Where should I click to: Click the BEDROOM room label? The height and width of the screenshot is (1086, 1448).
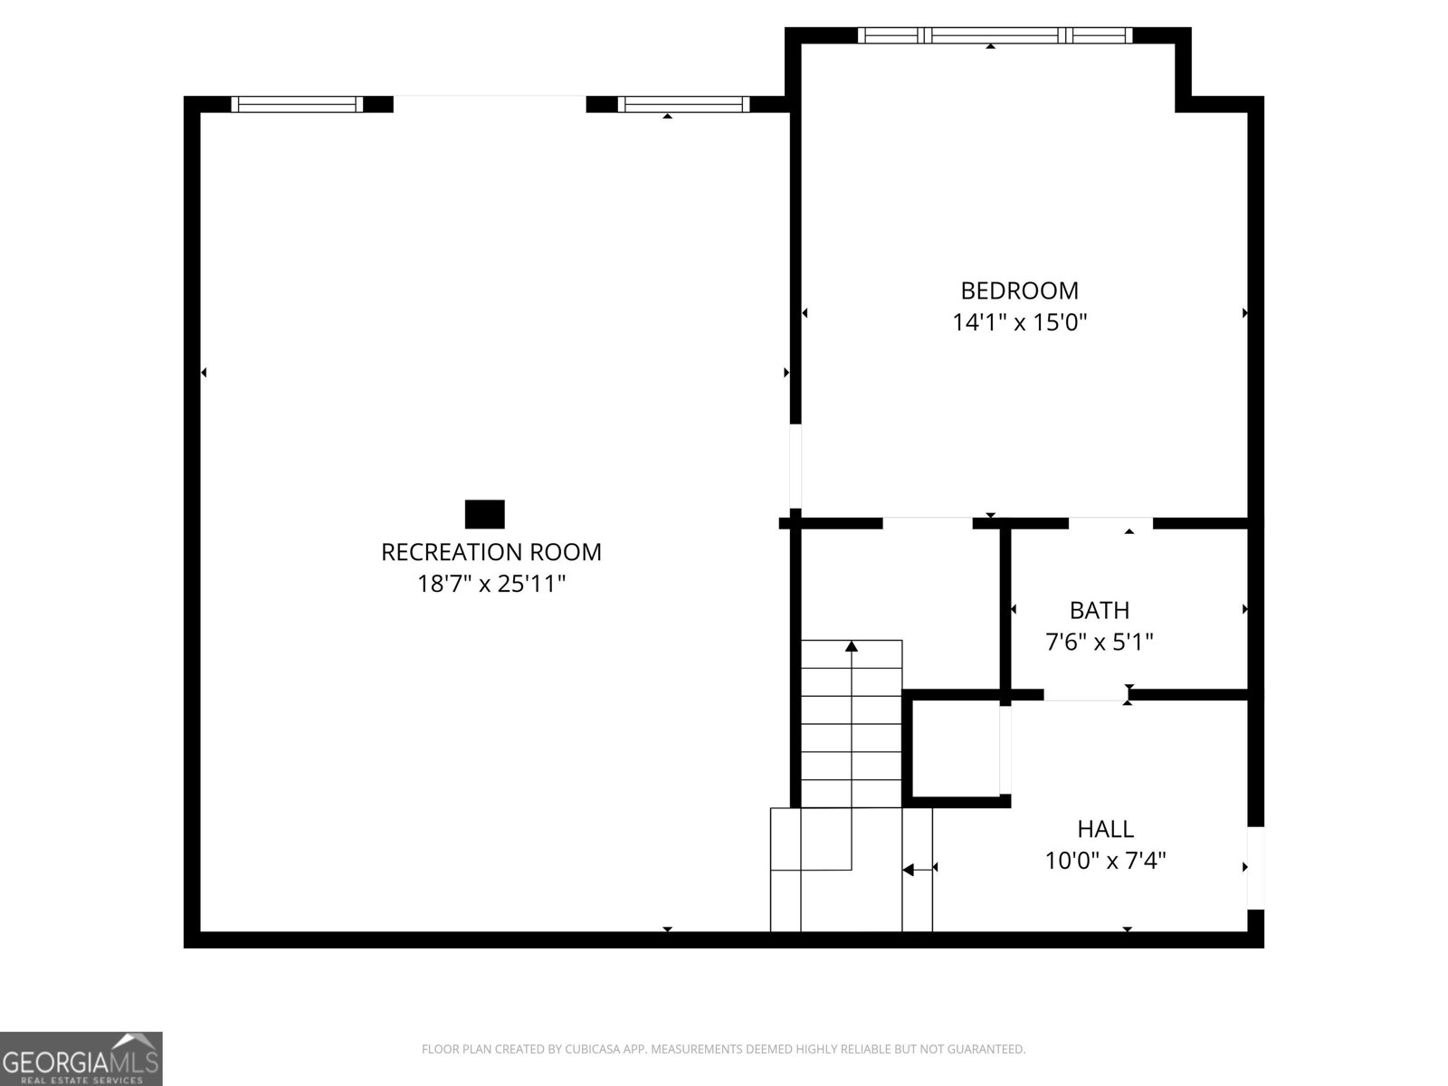pyautogui.click(x=1018, y=291)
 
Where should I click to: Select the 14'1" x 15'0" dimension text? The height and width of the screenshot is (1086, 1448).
pyautogui.click(x=1018, y=322)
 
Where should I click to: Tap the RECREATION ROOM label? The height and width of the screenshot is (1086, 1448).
pyautogui.click(x=491, y=552)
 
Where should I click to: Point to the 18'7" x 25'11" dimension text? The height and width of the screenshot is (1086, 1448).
pyautogui.click(x=491, y=584)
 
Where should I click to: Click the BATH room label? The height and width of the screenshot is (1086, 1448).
pyautogui.click(x=1099, y=610)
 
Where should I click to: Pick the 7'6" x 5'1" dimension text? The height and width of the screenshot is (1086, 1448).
pyautogui.click(x=1099, y=642)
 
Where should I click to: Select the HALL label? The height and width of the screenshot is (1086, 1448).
pyautogui.click(x=1106, y=829)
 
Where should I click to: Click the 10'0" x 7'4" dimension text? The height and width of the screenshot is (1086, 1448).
pyautogui.click(x=1106, y=861)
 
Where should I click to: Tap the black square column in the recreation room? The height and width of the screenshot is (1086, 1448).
pyautogui.click(x=485, y=514)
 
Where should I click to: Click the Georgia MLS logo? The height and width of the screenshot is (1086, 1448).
pyautogui.click(x=81, y=1058)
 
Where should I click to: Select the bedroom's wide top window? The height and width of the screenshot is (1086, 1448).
pyautogui.click(x=995, y=35)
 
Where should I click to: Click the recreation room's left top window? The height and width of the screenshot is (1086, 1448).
pyautogui.click(x=297, y=104)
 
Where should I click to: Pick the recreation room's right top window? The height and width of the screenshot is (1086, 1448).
pyautogui.click(x=683, y=104)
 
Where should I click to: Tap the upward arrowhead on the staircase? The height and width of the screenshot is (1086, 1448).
pyautogui.click(x=852, y=646)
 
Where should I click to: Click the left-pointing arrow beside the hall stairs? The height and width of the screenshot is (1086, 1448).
pyautogui.click(x=918, y=870)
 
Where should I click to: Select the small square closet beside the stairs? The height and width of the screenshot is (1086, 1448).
pyautogui.click(x=956, y=748)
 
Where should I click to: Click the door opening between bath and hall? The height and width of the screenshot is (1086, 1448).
pyautogui.click(x=1086, y=694)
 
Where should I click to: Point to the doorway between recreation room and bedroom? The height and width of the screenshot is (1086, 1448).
pyautogui.click(x=795, y=466)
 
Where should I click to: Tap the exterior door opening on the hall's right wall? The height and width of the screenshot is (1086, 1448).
pyautogui.click(x=1255, y=868)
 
